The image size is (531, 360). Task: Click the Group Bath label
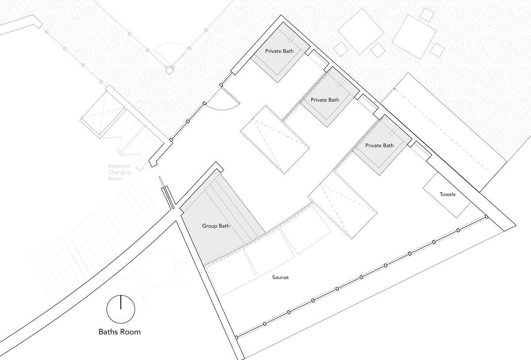(216, 226)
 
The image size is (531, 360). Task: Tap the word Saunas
(280, 277)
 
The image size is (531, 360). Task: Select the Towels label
(447, 194)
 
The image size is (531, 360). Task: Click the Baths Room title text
(119, 332)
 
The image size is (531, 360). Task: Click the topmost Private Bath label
(279, 51)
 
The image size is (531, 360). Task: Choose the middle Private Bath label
(325, 100)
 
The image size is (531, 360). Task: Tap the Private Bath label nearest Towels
(379, 146)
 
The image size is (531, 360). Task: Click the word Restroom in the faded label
(119, 166)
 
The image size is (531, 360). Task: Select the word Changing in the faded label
(119, 172)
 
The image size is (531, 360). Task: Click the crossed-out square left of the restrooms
(102, 114)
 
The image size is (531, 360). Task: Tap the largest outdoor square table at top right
(414, 37)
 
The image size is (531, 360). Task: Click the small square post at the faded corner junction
(169, 70)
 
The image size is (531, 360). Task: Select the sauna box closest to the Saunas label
(269, 253)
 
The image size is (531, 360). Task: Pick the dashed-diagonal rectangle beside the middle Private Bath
(275, 139)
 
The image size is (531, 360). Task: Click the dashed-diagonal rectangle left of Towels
(342, 205)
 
